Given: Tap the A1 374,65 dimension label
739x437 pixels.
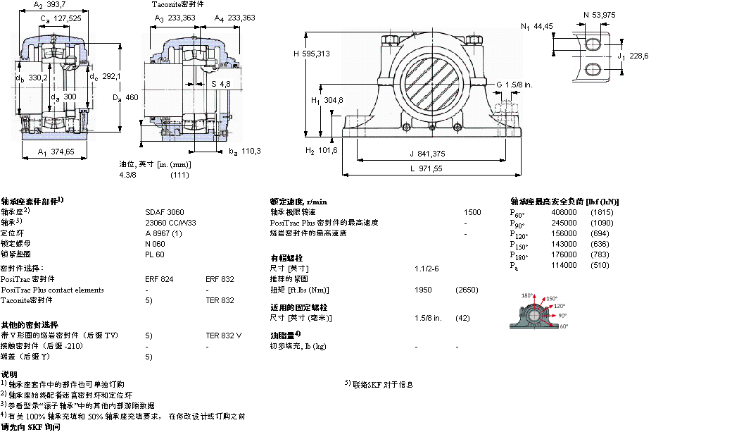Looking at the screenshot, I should [56, 152].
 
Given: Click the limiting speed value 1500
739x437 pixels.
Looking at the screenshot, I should [472, 211].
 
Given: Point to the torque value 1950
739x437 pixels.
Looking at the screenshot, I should [424, 290].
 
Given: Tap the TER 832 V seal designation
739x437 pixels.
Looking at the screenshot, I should [223, 336].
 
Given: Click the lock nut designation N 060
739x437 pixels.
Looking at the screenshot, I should [154, 243].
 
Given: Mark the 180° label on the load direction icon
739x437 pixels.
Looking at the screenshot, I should [528, 295].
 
